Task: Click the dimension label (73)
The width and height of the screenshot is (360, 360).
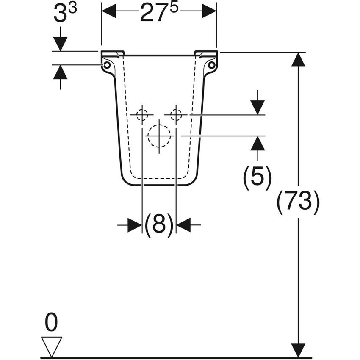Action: [298, 202]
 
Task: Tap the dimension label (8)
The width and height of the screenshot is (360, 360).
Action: [159, 225]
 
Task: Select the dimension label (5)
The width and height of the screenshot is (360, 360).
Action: [257, 177]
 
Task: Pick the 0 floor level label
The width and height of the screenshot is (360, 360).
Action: [51, 322]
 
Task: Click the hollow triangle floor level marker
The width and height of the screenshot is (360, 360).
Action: [51, 347]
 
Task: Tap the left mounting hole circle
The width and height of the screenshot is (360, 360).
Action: [107, 65]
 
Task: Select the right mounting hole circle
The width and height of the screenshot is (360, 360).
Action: [212, 65]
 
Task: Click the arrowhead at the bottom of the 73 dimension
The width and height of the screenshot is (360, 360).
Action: [298, 351]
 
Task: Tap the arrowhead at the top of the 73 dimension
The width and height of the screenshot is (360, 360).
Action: [298, 60]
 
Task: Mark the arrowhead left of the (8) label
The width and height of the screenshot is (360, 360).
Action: [135, 225]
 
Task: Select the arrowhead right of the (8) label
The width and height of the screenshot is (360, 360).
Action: [183, 225]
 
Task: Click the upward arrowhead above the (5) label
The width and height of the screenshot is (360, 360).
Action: [258, 143]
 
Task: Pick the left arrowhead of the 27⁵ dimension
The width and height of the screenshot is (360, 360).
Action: [109, 11]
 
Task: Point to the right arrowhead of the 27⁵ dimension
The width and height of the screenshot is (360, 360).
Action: [209, 11]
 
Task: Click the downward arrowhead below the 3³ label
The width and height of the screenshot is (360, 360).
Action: [60, 44]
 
